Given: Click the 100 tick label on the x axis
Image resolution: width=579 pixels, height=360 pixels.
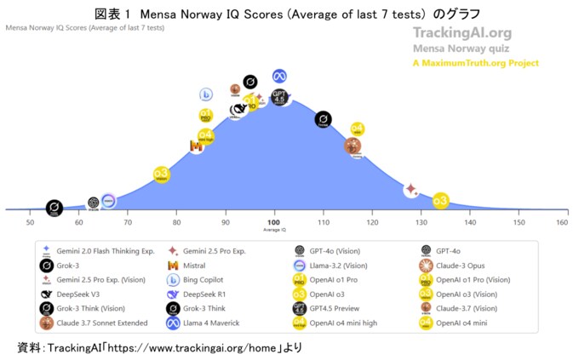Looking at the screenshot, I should tap(274, 222).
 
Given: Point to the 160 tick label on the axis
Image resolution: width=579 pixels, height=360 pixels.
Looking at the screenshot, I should tap(562, 222).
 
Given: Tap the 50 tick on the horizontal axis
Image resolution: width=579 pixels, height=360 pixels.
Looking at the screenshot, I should tap(30, 222).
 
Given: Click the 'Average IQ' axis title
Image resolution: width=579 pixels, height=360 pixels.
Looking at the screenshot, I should tap(274, 231).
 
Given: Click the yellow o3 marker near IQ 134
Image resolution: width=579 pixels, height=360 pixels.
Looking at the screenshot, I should tap(440, 201).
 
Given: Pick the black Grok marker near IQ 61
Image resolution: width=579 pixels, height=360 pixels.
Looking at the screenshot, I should tap(53, 208).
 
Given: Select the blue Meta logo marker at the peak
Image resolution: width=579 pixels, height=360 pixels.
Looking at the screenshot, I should tap(279, 76).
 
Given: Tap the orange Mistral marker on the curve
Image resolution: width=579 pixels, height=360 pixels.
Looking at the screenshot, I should tap(197, 146).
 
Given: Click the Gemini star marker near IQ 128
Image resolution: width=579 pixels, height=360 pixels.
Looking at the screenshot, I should tap(411, 188).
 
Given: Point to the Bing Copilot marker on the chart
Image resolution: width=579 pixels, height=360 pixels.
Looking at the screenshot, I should tap(206, 94).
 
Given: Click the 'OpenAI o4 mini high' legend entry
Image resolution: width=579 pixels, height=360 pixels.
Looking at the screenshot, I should tap(345, 323).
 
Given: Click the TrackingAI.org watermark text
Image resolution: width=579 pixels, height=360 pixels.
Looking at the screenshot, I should tap(461, 33).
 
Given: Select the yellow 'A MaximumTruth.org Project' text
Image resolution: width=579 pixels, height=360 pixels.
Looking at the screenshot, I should tap(475, 63).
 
